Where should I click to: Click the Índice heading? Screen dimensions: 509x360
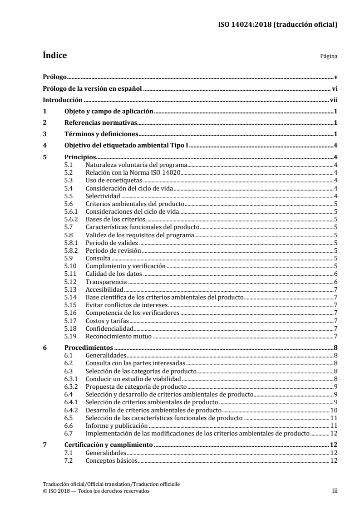pyautogui.click(x=54, y=56)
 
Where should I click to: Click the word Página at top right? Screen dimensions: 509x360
pyautogui.click(x=328, y=57)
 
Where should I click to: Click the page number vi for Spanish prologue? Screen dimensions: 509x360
pyautogui.click(x=334, y=89)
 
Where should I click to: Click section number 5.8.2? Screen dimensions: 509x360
pyautogui.click(x=71, y=250)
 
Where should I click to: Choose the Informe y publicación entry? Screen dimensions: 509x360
pyautogui.click(x=117, y=426)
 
